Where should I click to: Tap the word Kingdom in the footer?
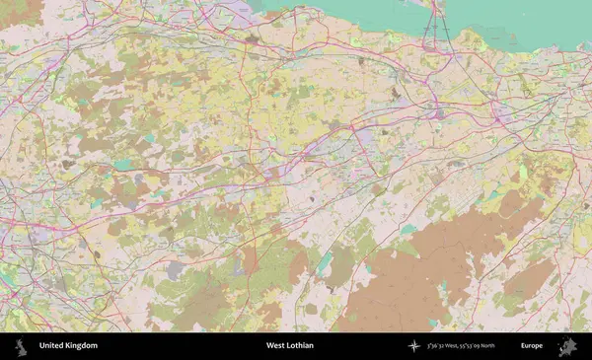coord(82,346)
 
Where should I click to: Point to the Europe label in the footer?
coord(532,346)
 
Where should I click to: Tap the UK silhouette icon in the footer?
coord(21,346)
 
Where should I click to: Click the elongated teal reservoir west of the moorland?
coord(325,262)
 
